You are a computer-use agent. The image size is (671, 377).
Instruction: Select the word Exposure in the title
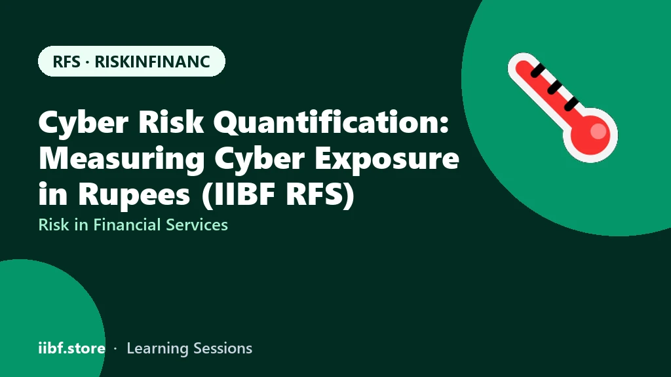[x=387, y=158]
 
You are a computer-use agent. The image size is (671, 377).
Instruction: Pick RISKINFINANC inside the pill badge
[x=152, y=62]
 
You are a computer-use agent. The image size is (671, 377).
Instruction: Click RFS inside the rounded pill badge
[x=66, y=62]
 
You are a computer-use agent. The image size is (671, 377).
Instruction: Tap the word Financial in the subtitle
[x=127, y=225]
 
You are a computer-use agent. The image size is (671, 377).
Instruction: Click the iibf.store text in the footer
[x=72, y=348]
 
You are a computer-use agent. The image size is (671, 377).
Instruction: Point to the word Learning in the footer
[x=158, y=348]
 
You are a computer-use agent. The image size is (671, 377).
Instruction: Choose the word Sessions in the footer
[x=223, y=348]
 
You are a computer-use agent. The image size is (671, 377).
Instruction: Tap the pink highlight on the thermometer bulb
[x=598, y=131]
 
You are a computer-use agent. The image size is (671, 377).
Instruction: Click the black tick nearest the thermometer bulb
[x=571, y=104]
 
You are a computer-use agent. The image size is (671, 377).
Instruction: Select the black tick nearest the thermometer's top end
[x=538, y=70]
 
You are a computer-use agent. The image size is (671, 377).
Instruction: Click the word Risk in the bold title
[x=171, y=122]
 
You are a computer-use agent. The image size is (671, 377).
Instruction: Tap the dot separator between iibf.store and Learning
[x=115, y=349]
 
